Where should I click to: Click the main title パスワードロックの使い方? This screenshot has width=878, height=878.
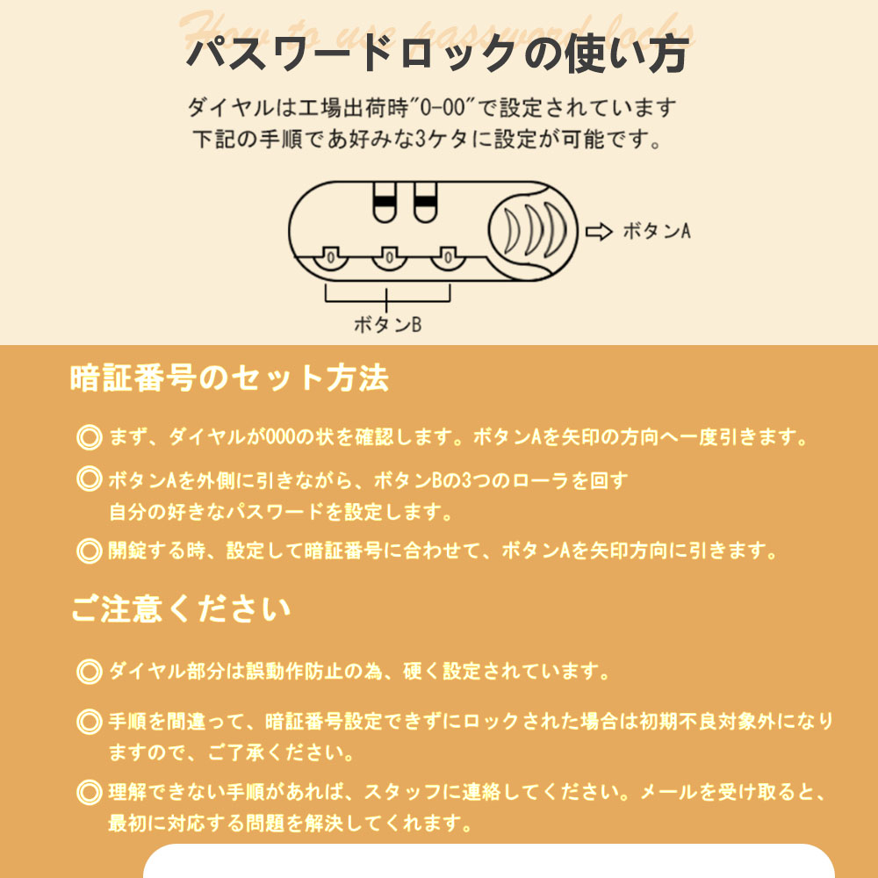pos(437,54)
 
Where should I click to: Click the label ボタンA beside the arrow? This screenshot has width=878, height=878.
pos(657,231)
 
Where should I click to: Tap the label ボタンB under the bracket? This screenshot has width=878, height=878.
pos(387,324)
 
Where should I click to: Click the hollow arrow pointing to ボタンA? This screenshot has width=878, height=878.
pos(599,231)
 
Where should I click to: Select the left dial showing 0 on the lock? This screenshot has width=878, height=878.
pos(330,258)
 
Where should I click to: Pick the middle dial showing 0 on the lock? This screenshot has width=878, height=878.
pos(389,258)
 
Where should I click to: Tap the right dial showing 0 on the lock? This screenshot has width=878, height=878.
pos(448,258)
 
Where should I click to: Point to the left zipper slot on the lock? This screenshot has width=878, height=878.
pos(385,202)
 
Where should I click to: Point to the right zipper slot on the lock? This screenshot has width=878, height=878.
pos(426,202)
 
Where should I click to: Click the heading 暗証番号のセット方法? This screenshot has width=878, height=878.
pos(229,378)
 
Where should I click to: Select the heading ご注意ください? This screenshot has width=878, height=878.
pos(181,609)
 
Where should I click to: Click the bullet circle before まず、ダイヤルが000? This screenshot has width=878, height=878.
pos(89,437)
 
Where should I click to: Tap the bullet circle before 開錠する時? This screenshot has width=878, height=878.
pos(89,551)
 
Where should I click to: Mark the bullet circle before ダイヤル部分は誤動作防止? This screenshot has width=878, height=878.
pos(89,672)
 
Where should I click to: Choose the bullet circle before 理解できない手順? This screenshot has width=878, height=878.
pos(89,792)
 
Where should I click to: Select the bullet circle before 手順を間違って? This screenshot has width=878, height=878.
pos(89,722)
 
